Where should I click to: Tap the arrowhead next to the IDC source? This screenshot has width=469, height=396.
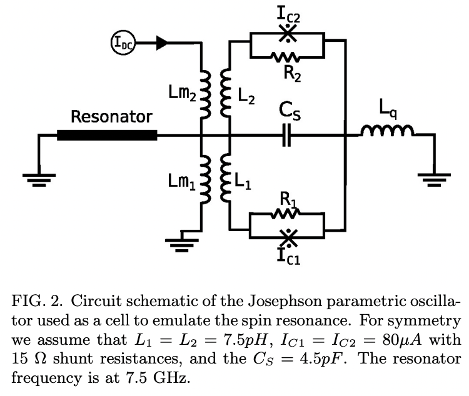coord(161,42)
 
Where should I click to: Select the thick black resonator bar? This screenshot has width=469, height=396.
coord(107,135)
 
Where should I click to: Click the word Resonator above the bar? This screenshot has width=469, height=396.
coord(111,116)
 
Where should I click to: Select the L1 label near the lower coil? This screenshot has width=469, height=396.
coord(245,184)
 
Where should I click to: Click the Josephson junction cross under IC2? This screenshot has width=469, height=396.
coord(287,35)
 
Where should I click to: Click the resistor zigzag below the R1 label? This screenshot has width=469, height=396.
coord(287,215)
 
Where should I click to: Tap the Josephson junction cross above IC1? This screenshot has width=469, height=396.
coord(287,236)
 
